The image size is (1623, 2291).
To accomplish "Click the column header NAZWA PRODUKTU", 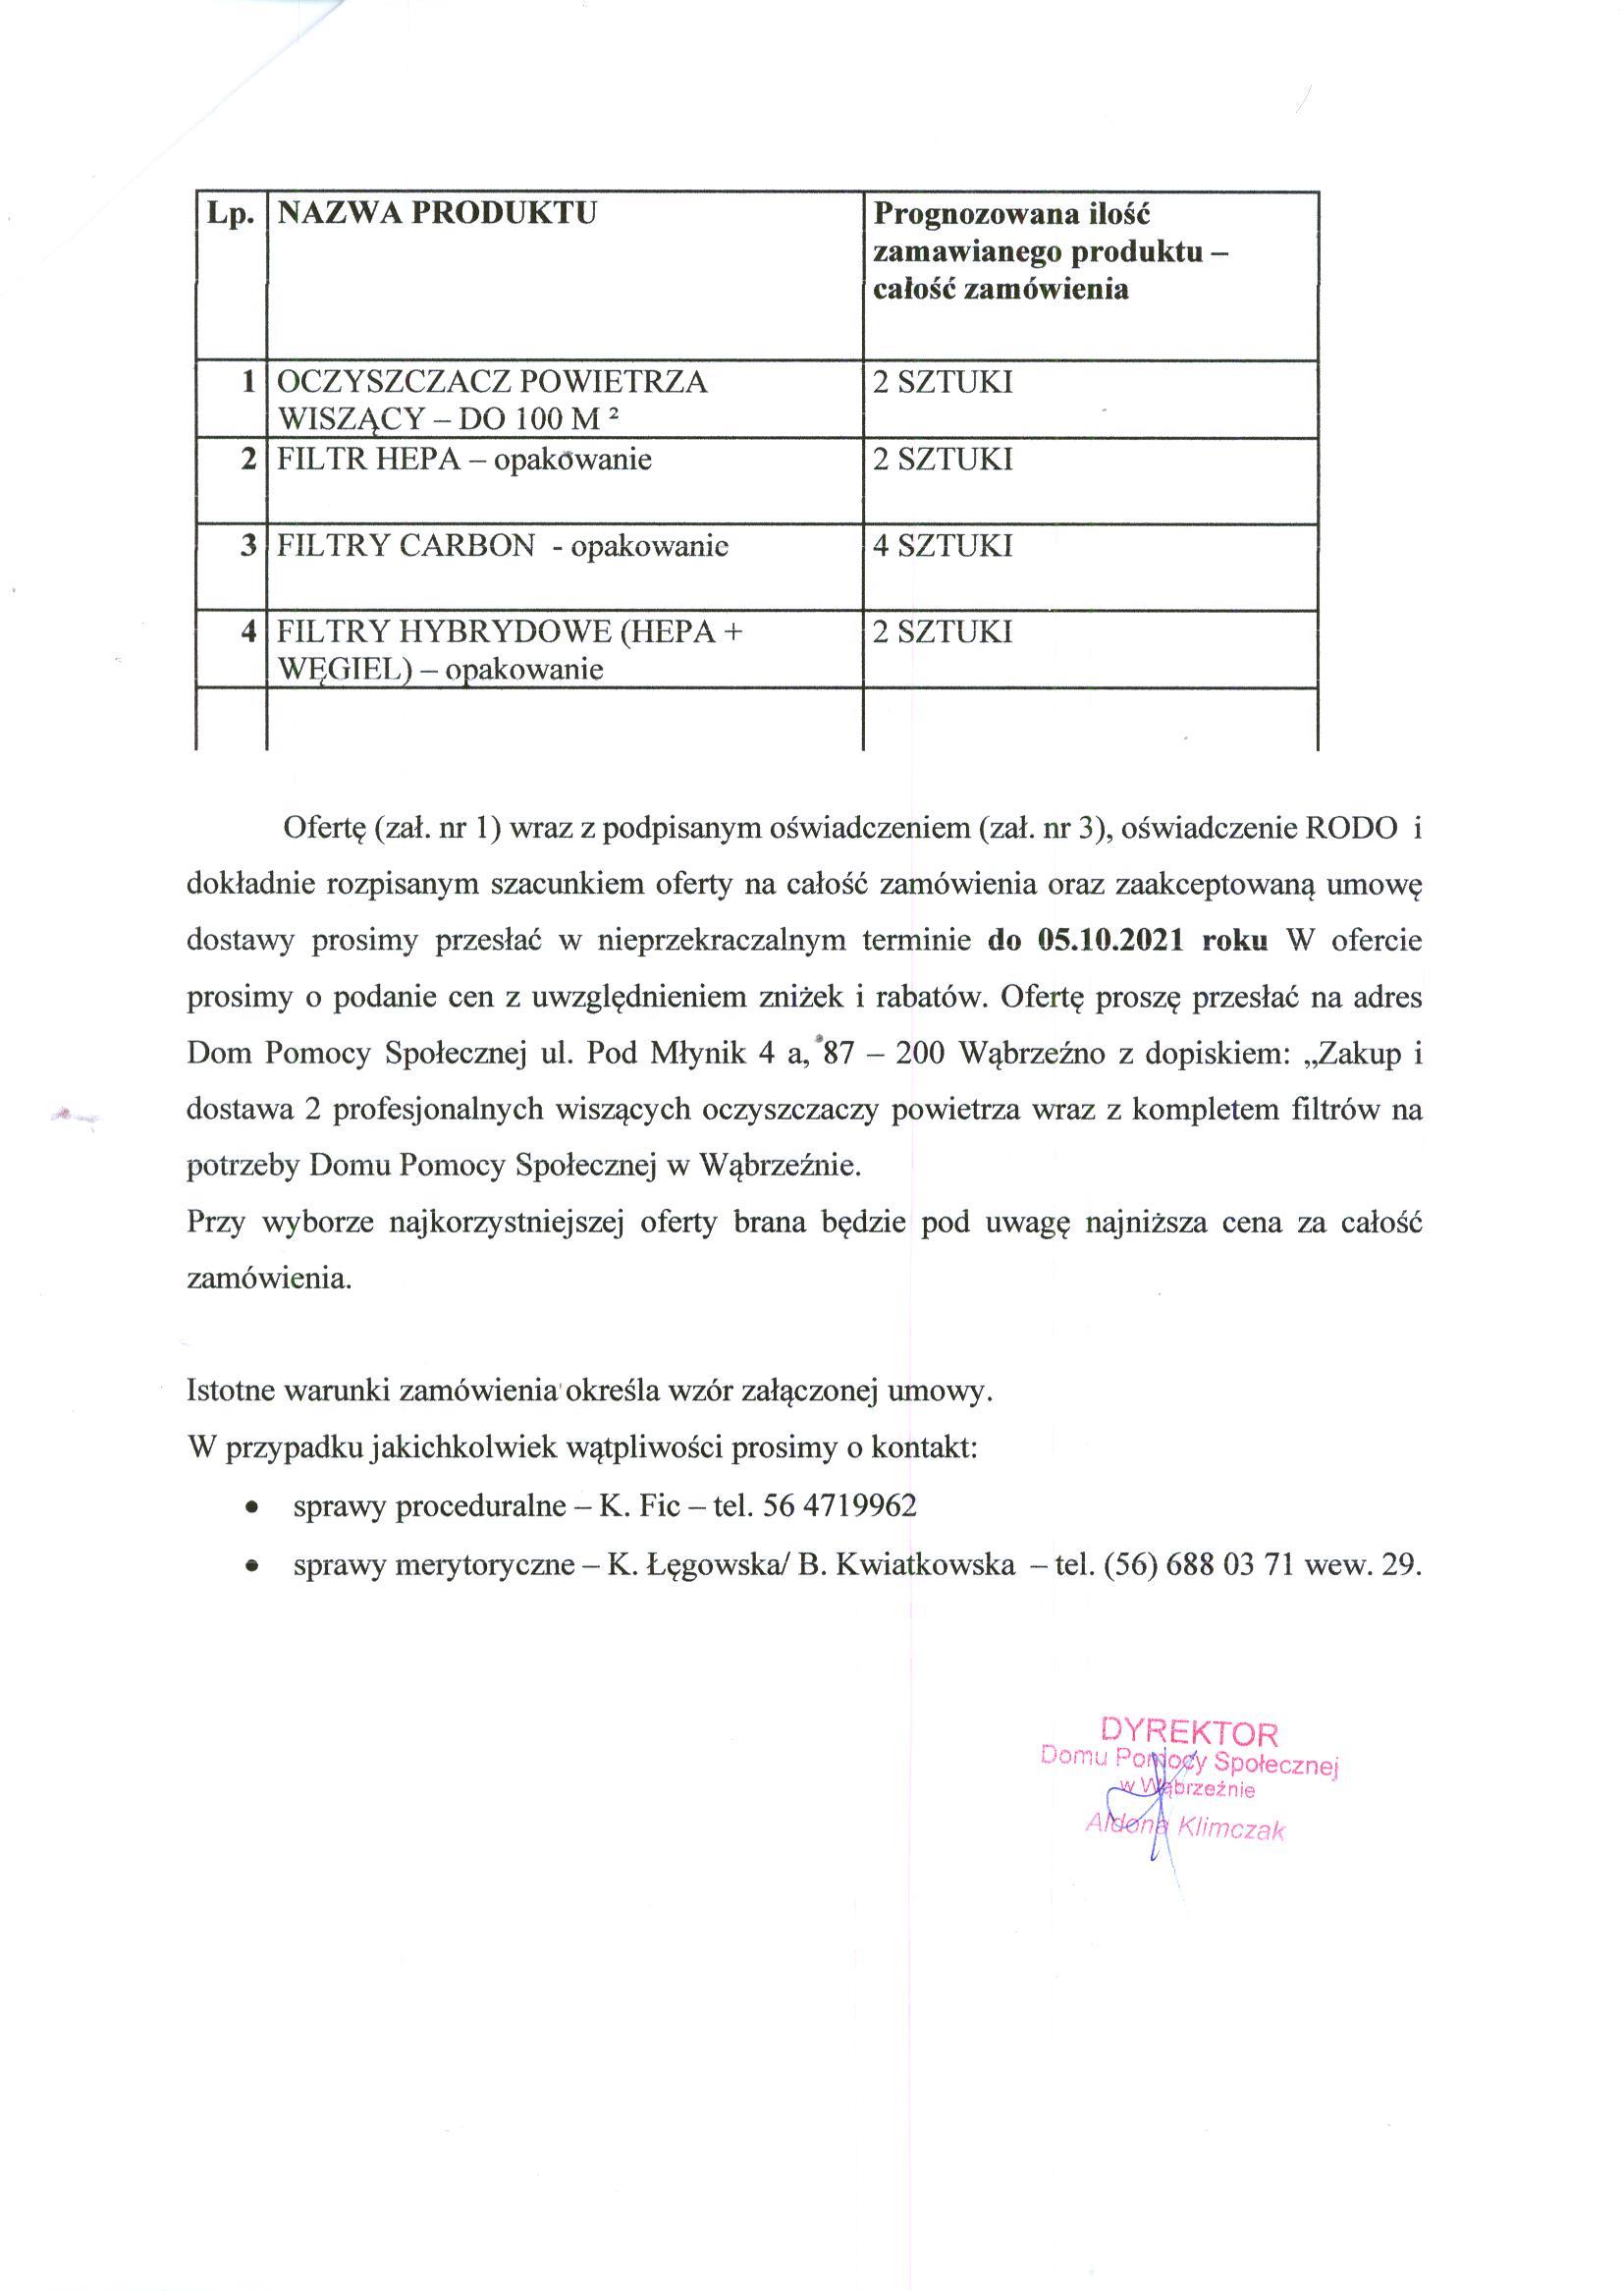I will [x=437, y=213].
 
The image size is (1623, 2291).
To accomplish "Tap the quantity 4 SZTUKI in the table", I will [x=943, y=546].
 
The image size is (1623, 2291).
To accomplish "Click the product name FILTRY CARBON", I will [x=406, y=546].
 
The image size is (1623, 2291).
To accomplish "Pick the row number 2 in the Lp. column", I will [x=248, y=460].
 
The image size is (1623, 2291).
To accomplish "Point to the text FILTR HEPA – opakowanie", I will [x=463, y=460].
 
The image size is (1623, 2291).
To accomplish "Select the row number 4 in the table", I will [x=248, y=631].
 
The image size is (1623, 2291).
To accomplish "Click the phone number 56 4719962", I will [x=839, y=1505].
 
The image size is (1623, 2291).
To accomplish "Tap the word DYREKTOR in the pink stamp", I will [x=1189, y=1732].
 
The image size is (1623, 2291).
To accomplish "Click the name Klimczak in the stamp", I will [x=1231, y=1829].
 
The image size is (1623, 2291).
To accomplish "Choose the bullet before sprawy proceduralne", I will [x=255, y=1507].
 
